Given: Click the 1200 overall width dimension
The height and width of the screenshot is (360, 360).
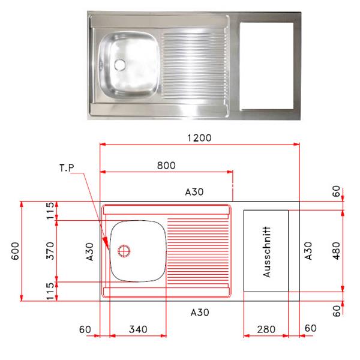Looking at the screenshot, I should [x=199, y=137].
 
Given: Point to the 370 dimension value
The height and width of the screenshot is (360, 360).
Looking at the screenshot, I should [x=50, y=250].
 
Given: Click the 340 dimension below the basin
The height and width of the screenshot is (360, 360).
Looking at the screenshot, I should [x=139, y=329].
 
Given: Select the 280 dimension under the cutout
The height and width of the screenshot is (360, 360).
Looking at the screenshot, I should [x=266, y=329].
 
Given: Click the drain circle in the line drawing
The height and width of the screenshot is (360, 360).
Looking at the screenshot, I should [x=124, y=251].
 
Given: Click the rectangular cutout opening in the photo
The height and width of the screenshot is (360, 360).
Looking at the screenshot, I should [x=266, y=66].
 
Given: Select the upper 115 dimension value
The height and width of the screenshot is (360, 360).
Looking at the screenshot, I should [x=50, y=211].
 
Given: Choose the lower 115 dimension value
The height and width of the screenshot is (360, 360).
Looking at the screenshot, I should [x=50, y=291].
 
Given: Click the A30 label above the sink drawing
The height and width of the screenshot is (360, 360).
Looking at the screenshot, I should [x=194, y=192].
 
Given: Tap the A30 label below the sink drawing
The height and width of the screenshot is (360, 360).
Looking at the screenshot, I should [x=200, y=312].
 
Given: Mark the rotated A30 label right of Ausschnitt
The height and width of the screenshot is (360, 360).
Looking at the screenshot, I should [x=308, y=251].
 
